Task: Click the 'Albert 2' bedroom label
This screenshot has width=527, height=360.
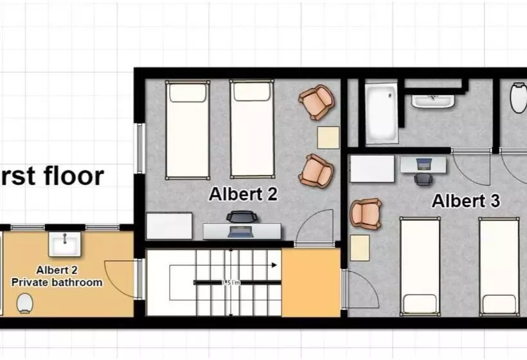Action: [x=243, y=194]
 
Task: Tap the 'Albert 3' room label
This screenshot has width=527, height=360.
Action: [x=465, y=201]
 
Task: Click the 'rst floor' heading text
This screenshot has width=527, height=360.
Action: [x=51, y=175]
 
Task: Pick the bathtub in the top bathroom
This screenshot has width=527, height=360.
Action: [x=381, y=112]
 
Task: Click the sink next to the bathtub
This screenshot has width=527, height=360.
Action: [x=433, y=100]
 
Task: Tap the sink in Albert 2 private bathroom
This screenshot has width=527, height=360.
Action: [x=65, y=244]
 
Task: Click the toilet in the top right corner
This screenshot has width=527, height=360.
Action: [x=518, y=98]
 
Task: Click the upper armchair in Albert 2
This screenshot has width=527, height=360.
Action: [x=316, y=102]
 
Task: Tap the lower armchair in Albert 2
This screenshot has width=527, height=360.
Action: [x=316, y=170]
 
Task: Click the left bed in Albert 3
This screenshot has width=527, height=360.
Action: [x=420, y=265]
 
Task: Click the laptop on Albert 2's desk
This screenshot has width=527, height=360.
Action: [x=240, y=230]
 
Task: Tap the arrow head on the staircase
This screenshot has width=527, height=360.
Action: [x=274, y=265]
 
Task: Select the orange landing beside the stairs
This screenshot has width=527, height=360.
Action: [x=310, y=282]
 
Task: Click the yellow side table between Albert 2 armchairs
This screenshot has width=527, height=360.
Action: [x=328, y=138]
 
